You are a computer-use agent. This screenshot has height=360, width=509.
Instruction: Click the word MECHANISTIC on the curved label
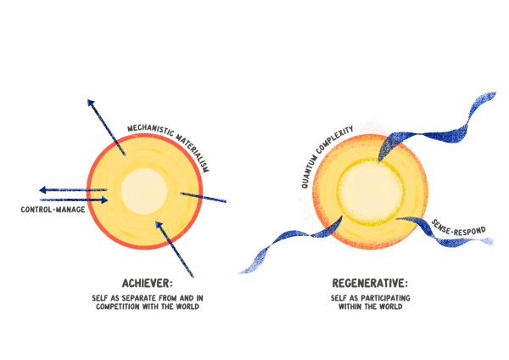(x=147, y=129)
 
